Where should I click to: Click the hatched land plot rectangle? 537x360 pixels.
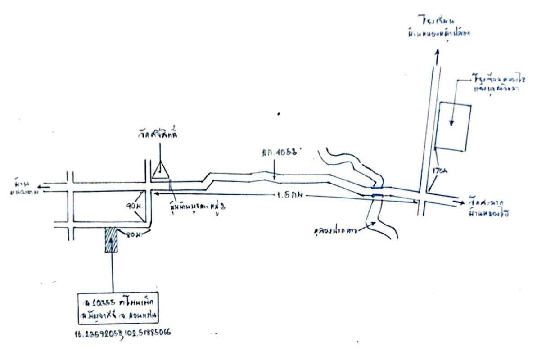point(111,239)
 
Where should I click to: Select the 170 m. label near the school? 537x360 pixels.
point(438,171)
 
